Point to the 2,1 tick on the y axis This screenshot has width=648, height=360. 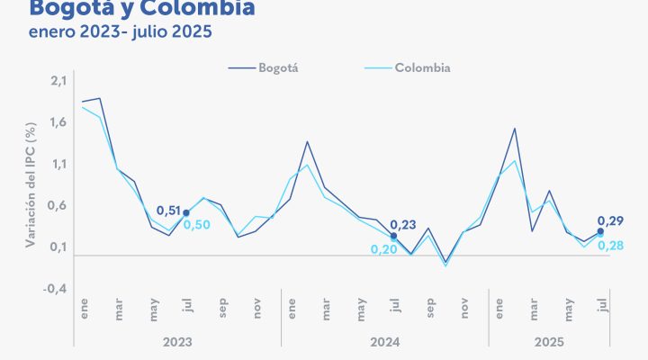tap(58, 82)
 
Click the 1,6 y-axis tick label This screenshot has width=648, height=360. tap(58, 123)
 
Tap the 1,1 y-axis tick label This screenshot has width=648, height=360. tap(58, 165)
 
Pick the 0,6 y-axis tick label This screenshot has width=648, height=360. tap(58, 206)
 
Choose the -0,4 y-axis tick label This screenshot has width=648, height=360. tap(57, 289)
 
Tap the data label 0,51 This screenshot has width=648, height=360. tap(168, 211)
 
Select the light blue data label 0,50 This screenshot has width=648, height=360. tap(197, 225)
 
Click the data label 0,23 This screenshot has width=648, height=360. tap(403, 225)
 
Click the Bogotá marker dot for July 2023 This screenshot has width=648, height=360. tap(186, 213)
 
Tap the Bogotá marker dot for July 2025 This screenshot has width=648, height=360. tap(600, 231)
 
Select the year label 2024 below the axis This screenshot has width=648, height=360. tap(385, 343)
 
